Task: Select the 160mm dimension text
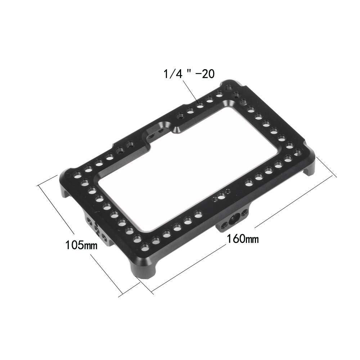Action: pos(242,238)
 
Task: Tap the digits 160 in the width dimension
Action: pos(236,238)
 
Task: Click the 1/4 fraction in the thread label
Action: pos(170,75)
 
